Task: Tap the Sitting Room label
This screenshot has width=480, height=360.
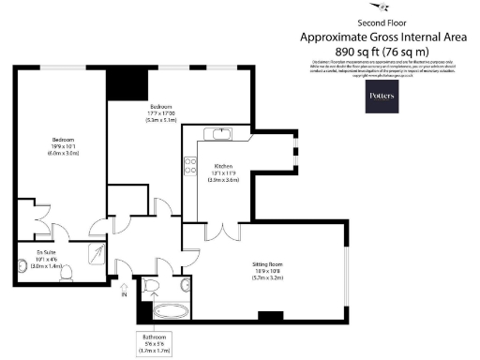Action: click(274, 269)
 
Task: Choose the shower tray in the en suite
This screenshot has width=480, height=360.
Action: click(97, 251)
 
